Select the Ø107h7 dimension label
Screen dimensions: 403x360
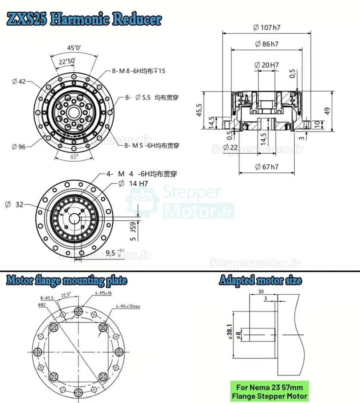click(x=267, y=28)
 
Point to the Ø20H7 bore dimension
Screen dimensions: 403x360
click(x=267, y=65)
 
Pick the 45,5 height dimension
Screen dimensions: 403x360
click(x=199, y=110)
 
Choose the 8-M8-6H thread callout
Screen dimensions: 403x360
click(x=138, y=71)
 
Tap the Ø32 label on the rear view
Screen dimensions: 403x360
click(x=14, y=205)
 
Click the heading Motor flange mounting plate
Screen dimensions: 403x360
click(x=67, y=281)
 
